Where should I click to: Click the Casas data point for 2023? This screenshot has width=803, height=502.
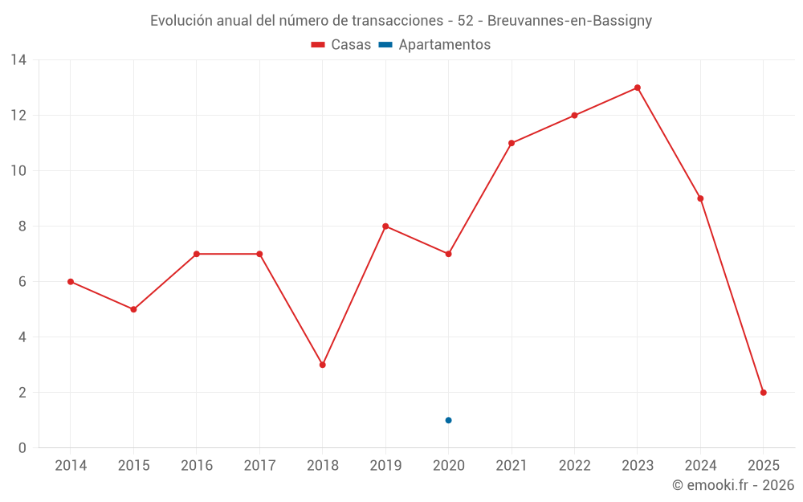638,88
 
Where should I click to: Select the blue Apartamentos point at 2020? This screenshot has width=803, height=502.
448,420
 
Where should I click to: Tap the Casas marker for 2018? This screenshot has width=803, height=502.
322,365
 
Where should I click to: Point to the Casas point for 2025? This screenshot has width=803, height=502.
764,393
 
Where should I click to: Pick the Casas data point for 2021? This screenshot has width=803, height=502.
512,143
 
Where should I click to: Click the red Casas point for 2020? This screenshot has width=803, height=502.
448,254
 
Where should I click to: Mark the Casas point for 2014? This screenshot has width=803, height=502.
71,282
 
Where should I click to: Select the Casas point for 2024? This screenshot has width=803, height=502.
700,198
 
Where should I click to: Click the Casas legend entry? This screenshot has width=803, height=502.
341,45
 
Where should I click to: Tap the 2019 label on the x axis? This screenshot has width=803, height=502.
385,466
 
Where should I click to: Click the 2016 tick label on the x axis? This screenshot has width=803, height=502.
197,466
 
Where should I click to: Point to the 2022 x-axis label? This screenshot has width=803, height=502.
574,466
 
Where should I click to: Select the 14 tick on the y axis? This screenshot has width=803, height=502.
18,60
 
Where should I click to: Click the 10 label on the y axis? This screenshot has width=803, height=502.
18,171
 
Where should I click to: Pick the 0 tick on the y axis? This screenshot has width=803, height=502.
22,448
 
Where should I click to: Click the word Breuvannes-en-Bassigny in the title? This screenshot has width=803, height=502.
569,21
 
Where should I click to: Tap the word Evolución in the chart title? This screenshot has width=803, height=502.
181,21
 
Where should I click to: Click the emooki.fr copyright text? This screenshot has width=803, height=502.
732,485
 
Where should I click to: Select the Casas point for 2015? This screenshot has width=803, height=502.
133,309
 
